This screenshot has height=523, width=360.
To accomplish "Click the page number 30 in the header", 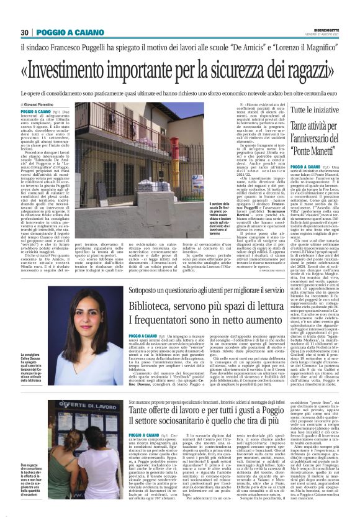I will tap(25, 32).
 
